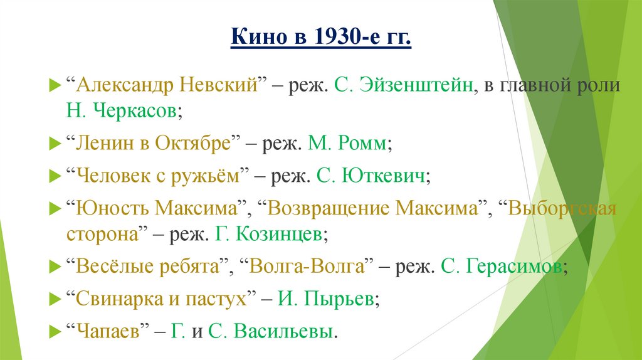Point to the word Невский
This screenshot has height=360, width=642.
tap(220, 86)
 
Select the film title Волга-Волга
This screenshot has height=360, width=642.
tap(307, 266)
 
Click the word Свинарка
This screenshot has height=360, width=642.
tap(117, 298)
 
